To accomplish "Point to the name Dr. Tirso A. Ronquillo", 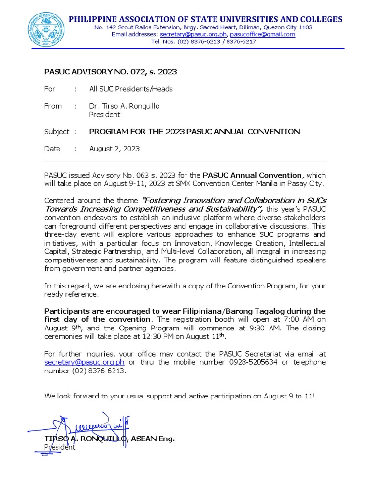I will pos(124,106).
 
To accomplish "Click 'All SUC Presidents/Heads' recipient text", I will pos(131,89).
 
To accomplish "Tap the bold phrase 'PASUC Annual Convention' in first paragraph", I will pos(252,175).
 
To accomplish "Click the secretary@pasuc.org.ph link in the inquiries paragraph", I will pos(85,362).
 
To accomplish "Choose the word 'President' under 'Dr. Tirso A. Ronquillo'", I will pos(105,115).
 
